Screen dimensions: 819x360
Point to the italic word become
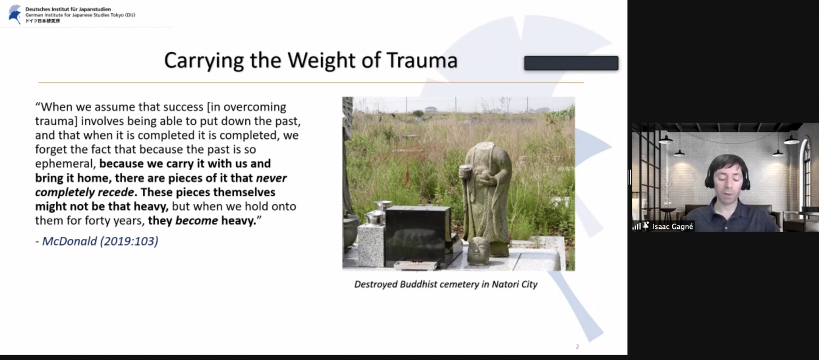tap(197, 221)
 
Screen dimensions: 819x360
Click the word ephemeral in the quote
tap(65, 164)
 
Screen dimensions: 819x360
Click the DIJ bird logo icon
tap(15, 14)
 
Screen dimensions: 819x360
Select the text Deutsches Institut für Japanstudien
tap(68, 9)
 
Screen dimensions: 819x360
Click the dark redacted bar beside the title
tap(571, 63)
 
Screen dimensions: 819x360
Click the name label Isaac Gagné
tap(672, 227)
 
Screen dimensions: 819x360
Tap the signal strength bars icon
tap(637, 227)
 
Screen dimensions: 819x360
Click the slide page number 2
tap(577, 347)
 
